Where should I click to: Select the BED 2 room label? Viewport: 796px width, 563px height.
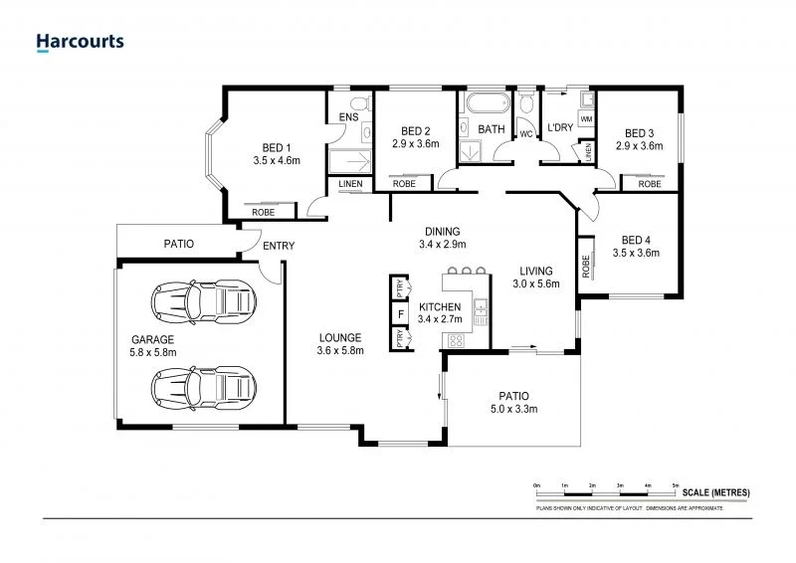pos(415,131)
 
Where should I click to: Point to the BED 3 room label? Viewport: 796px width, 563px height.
pos(639,133)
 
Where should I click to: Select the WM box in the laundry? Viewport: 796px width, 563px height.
pos(586,119)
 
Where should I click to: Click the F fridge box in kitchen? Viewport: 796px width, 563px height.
pos(400,314)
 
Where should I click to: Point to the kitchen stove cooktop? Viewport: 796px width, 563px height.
pos(457,340)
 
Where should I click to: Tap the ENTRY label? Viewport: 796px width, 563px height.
pos(277,248)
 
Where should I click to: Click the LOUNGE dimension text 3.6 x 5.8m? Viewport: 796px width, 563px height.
pos(340,350)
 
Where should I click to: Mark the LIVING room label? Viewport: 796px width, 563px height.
pos(535,270)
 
